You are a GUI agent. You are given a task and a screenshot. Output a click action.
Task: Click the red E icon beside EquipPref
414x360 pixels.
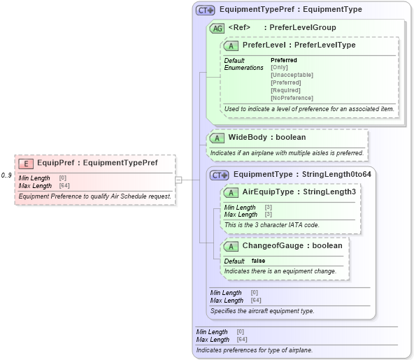[26, 164]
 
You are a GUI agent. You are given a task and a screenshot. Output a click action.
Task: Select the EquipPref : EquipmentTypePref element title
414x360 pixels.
[97, 164]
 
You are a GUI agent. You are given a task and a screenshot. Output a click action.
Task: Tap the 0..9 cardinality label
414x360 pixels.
[7, 175]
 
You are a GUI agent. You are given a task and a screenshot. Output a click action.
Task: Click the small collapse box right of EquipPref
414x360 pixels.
[178, 180]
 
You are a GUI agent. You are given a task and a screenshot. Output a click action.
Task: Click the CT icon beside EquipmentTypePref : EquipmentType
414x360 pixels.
[205, 10]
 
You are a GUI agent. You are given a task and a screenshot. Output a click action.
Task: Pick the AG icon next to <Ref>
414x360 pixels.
[217, 28]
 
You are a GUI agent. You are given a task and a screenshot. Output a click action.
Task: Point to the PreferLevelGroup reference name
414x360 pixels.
[303, 28]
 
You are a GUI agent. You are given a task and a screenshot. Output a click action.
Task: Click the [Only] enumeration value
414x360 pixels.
[279, 68]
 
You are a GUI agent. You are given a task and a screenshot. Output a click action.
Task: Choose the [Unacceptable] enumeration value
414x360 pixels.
[292, 75]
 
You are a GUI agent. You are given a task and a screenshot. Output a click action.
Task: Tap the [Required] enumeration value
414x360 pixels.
[285, 90]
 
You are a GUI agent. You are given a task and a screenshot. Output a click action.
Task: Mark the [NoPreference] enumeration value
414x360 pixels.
[292, 98]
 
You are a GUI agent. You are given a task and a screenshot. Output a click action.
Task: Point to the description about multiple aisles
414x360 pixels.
[287, 152]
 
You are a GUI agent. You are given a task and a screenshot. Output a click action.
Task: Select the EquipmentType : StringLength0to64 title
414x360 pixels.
[301, 175]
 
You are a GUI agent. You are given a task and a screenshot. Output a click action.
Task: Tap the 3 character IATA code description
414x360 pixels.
[271, 225]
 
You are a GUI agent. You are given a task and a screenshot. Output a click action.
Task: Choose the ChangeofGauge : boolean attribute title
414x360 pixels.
[292, 246]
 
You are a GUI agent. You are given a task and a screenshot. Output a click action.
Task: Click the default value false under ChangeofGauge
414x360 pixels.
[259, 261]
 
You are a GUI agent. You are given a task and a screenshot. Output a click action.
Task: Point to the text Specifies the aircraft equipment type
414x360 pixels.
[262, 310]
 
